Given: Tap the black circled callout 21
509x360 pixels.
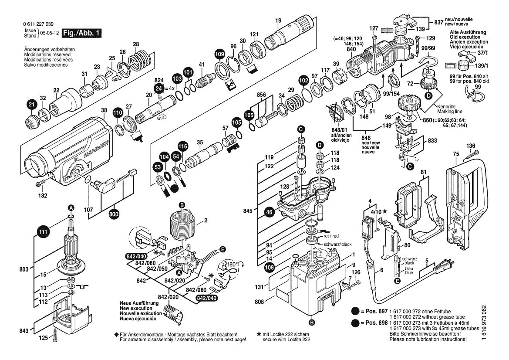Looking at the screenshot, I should [31, 105].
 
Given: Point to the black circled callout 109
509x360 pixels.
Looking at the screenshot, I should [220, 54].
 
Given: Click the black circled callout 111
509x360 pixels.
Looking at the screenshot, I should [42, 233].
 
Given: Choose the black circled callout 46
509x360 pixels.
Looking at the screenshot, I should [269, 212].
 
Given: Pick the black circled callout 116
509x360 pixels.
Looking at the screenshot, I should [182, 146].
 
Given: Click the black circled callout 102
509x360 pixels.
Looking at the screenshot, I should [303, 81].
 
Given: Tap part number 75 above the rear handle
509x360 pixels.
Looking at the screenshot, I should [455, 153].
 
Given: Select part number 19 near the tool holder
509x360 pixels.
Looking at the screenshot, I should [278, 20].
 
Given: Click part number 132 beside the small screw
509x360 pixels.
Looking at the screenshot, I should [42, 196].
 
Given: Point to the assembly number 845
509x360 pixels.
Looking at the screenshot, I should [248, 211].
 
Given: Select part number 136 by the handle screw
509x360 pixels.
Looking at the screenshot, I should [471, 146].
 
